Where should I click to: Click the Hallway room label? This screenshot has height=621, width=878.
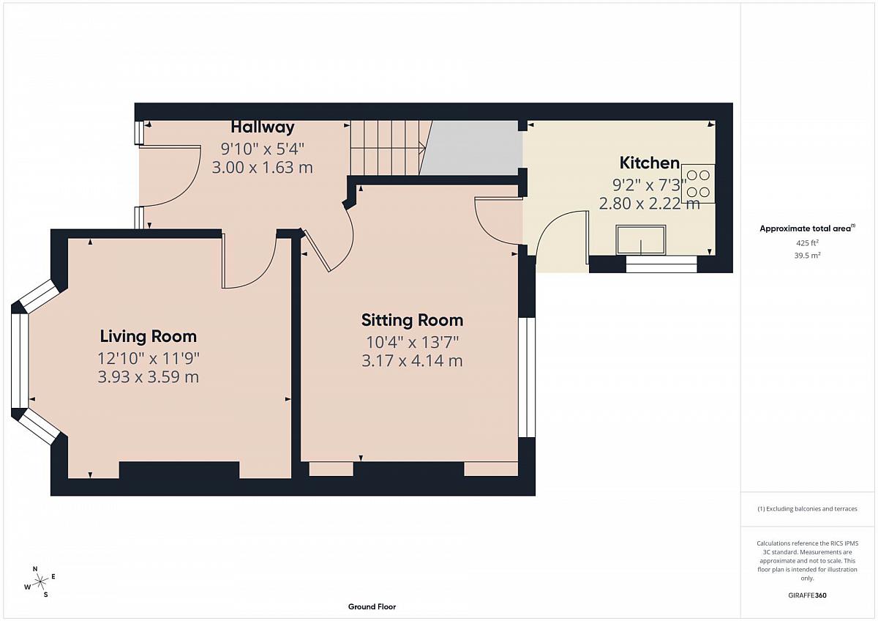click(x=262, y=127)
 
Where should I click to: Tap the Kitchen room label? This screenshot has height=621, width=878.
click(x=650, y=163)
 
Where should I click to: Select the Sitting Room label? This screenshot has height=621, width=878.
click(x=412, y=320)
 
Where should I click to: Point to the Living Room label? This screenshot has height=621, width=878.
click(x=148, y=336)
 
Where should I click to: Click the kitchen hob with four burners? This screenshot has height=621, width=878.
click(x=698, y=184)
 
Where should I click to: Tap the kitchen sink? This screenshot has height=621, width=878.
click(x=641, y=239)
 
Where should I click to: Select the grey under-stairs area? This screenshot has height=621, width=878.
click(x=473, y=147)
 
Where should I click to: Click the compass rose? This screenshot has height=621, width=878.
click(x=40, y=581)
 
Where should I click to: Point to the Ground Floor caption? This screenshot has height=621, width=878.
click(x=372, y=606)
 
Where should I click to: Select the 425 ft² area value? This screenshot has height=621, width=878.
click(x=807, y=243)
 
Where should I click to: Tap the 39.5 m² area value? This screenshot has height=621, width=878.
click(x=808, y=256)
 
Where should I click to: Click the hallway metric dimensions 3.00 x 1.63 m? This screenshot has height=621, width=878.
click(x=263, y=168)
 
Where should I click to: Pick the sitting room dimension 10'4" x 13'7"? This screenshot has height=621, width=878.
click(x=412, y=343)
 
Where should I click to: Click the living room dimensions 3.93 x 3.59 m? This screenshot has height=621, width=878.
click(x=148, y=377)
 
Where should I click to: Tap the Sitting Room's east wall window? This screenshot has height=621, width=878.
click(x=528, y=377)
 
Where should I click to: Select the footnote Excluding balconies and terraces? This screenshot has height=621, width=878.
click(x=807, y=509)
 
